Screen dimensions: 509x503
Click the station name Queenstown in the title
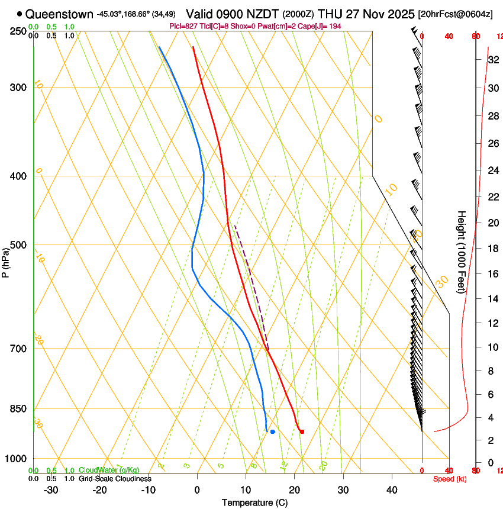(59, 14)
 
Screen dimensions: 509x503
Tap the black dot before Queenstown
(20, 14)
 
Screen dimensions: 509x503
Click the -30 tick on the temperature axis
(51, 489)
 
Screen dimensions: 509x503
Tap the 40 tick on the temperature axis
(392, 489)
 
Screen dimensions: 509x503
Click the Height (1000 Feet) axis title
(462, 252)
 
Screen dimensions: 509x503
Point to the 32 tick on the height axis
(492, 60)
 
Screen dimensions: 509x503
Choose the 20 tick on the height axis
(492, 223)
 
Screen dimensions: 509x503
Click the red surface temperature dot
(302, 431)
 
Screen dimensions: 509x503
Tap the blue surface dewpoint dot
(272, 431)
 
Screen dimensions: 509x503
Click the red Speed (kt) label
(449, 479)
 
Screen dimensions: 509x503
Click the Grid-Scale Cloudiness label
(115, 479)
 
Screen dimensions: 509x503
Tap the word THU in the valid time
(331, 14)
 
